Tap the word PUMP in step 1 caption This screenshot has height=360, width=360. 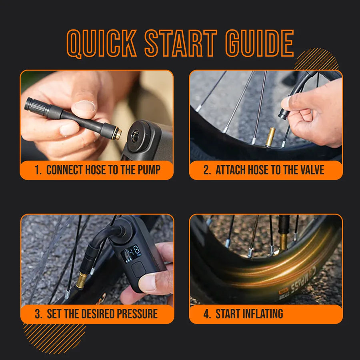pyautogui.click(x=149, y=170)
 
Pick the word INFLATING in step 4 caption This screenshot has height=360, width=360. pyautogui.click(x=249, y=314)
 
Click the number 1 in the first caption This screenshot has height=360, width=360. pyautogui.click(x=37, y=170)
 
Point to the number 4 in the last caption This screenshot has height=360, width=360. pyautogui.click(x=206, y=314)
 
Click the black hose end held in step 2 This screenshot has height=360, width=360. pyautogui.click(x=285, y=113)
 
